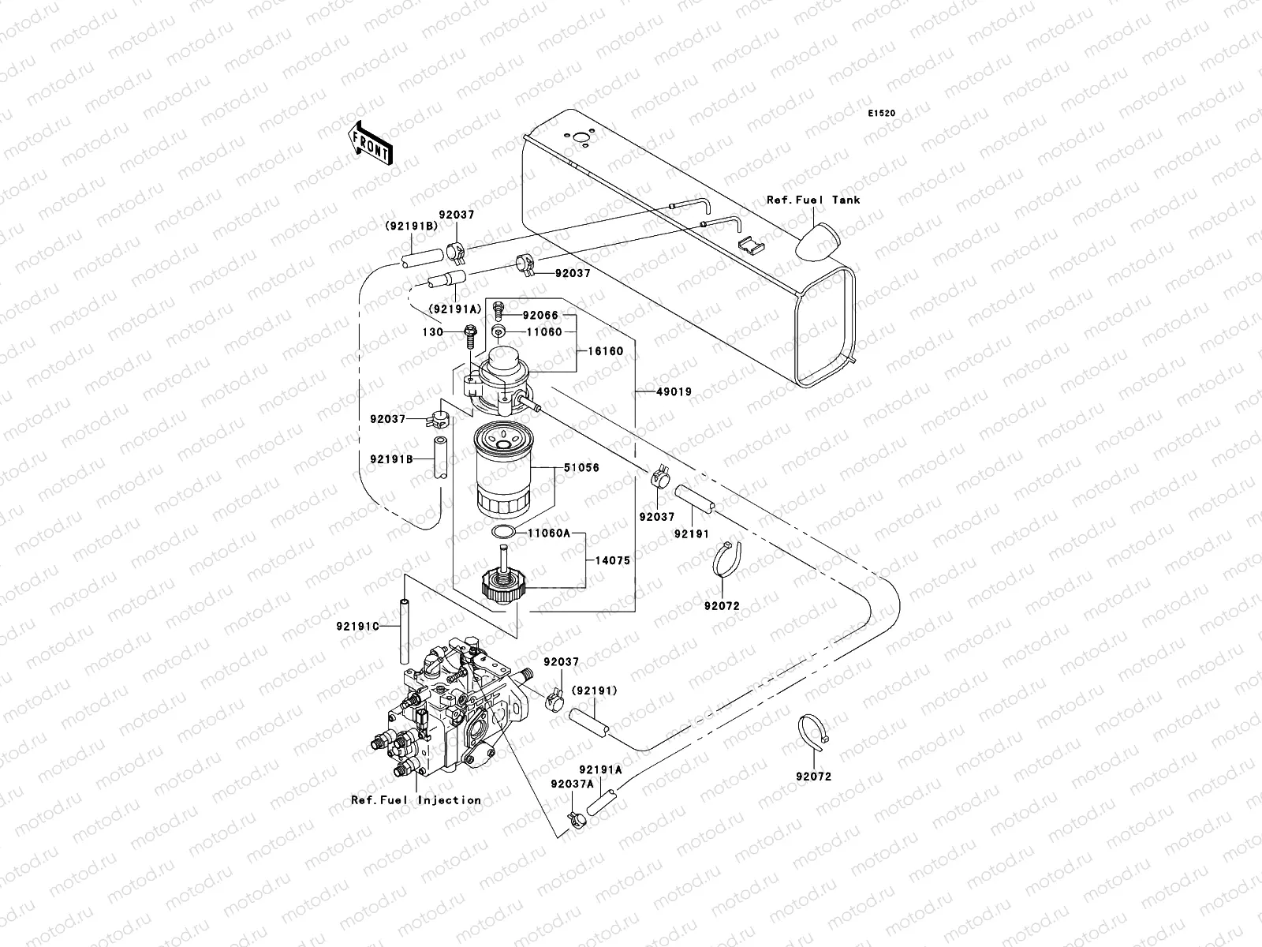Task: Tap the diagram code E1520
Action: pyautogui.click(x=882, y=114)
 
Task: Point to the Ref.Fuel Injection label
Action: pyautogui.click(x=416, y=799)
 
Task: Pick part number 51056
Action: pyautogui.click(x=581, y=468)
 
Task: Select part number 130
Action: pyautogui.click(x=432, y=332)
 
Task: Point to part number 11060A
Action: pyautogui.click(x=548, y=533)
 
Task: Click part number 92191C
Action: pyautogui.click(x=357, y=627)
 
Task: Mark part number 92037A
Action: pyautogui.click(x=571, y=784)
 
